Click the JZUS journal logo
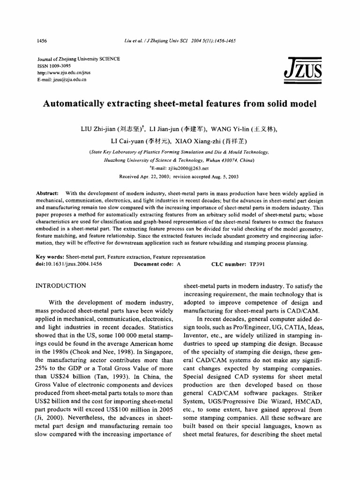[x=302, y=70]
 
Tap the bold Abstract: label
[x=47, y=194]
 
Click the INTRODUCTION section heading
[x=61, y=285]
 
